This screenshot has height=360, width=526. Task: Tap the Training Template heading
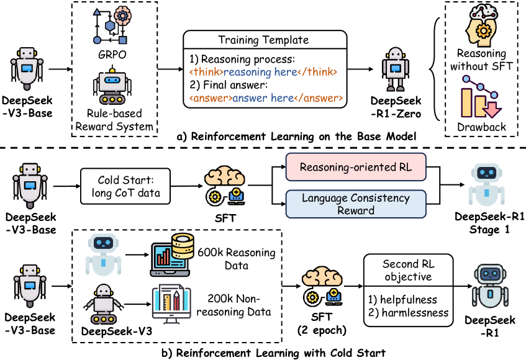pos(263,40)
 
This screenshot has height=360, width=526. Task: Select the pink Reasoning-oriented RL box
pos(356,168)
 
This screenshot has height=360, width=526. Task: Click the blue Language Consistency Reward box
pos(356,204)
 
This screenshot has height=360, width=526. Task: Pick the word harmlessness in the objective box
pos(417,313)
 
